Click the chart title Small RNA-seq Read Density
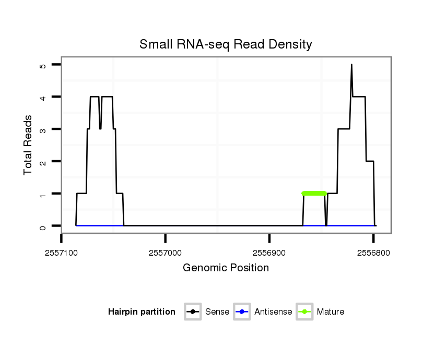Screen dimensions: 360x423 pos(226,44)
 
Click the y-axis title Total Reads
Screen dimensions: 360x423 pos(28,145)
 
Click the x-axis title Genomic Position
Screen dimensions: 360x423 pos(226,268)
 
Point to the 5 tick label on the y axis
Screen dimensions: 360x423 pos(43,65)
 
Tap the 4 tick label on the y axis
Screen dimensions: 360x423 pos(43,97)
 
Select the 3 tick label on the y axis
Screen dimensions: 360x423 pos(43,129)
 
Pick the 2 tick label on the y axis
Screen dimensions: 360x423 pos(43,162)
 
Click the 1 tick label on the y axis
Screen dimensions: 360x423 pos(43,194)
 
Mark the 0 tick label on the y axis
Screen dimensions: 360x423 pos(43,226)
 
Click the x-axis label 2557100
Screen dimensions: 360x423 pos(62,251)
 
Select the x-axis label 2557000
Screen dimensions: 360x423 pos(166,251)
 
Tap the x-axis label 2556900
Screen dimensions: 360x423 pos(269,251)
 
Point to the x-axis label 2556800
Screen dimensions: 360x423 pos(373,251)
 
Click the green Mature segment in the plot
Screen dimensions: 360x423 pos(314,194)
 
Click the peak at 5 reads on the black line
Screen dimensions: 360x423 pos(351,65)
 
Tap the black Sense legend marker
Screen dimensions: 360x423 pos(193,312)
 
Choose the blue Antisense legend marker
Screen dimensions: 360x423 pos(242,312)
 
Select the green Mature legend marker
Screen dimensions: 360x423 pos(304,312)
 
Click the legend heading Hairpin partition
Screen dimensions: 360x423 pos(142,312)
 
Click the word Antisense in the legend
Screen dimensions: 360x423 pos(273,312)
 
